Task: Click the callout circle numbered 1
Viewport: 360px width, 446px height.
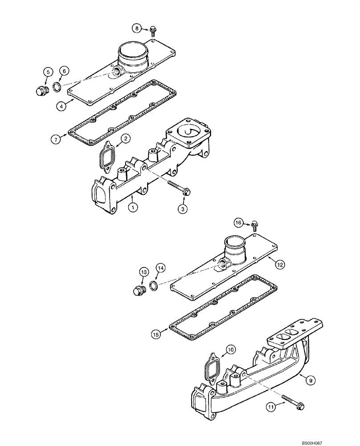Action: [x=132, y=206]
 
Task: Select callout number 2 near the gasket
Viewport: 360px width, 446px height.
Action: [x=126, y=139]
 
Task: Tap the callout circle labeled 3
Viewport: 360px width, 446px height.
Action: [x=183, y=208]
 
